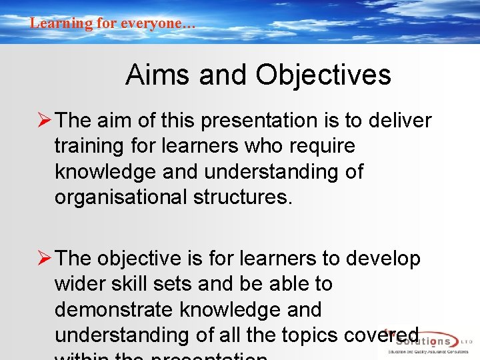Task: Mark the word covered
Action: pyautogui.click(x=387, y=335)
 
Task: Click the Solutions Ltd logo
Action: pyautogui.click(x=427, y=341)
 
